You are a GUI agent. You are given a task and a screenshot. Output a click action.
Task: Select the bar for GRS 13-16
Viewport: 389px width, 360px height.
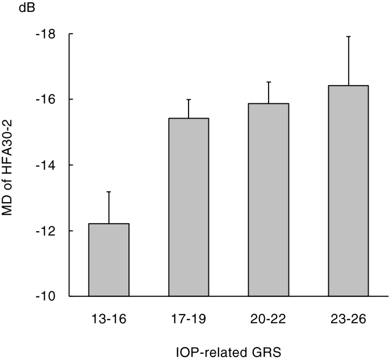click(x=109, y=259)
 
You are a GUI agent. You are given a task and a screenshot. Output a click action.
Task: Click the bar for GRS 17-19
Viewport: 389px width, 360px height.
click(x=189, y=207)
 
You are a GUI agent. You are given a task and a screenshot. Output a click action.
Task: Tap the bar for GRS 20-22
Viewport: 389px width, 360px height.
click(x=268, y=200)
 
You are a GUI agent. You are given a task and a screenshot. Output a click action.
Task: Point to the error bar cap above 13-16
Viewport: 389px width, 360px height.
click(x=109, y=192)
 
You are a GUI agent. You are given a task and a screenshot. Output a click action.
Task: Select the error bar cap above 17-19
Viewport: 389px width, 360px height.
click(x=189, y=99)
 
